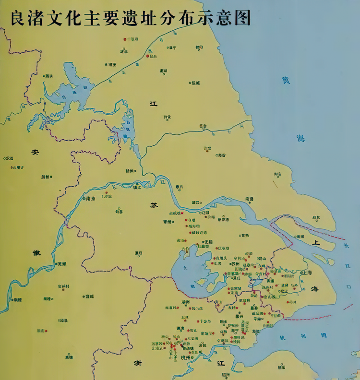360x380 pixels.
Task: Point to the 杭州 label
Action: (185, 357)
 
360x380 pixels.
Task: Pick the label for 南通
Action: (249, 198)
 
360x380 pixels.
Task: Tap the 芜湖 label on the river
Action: (62, 264)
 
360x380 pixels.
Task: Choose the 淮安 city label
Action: (112, 64)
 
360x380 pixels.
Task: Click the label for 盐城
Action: (195, 83)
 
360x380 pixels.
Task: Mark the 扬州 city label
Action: (130, 170)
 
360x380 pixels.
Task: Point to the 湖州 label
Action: (186, 302)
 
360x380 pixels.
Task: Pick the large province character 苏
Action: (154, 205)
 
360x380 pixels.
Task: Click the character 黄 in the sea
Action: (286, 81)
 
